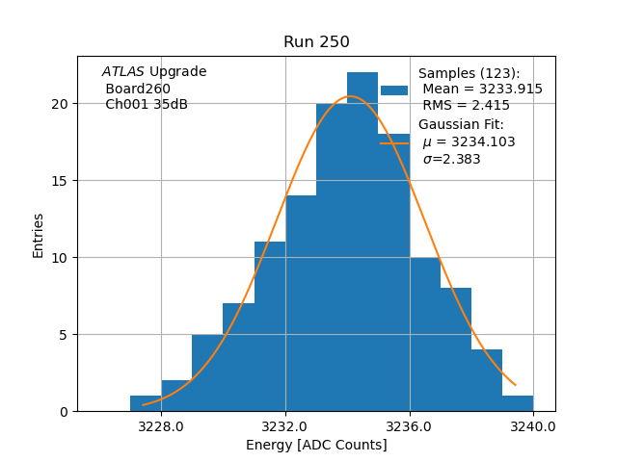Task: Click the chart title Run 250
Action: [316, 42]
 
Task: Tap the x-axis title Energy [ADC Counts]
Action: [316, 445]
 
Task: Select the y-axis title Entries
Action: [39, 235]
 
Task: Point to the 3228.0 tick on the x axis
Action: [161, 425]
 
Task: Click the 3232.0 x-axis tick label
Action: [285, 425]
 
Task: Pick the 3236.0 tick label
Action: [410, 425]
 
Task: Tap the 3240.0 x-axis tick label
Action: [533, 425]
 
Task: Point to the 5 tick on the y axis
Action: [64, 335]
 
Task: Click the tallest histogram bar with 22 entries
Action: [362, 241]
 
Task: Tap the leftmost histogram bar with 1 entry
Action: [146, 403]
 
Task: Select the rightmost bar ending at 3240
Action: [518, 403]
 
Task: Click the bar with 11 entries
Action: [270, 327]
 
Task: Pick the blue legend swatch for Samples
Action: [394, 90]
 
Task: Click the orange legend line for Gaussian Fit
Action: [394, 142]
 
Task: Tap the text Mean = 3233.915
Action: [482, 89]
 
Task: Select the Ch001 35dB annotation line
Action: [147, 105]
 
